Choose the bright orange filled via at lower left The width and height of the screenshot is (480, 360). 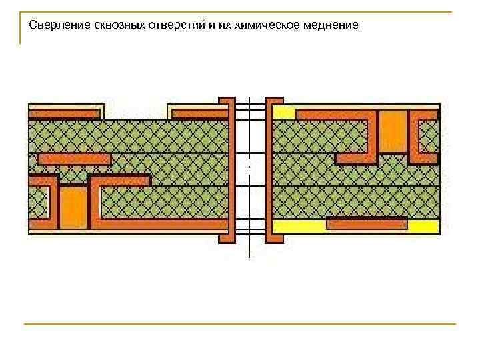click(x=74, y=207)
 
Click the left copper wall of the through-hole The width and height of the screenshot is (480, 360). click(x=227, y=170)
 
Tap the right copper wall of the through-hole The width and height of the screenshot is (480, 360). click(x=273, y=170)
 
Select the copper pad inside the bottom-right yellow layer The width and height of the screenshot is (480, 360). click(x=367, y=224)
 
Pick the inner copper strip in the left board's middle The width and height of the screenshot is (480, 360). click(x=75, y=159)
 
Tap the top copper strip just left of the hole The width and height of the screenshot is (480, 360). click(x=198, y=113)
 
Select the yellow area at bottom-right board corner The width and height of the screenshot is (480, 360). click(x=423, y=227)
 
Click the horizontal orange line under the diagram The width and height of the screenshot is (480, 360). click(x=240, y=324)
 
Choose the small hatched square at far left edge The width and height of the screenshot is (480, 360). click(x=39, y=202)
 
